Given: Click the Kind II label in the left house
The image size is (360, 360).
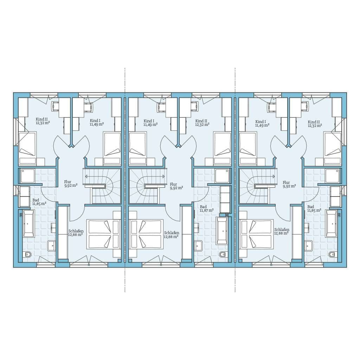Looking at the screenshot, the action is pyautogui.click(x=41, y=119).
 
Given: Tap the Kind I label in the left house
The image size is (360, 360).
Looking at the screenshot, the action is pyautogui.click(x=95, y=121).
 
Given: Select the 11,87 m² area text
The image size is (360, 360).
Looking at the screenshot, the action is pyautogui.click(x=207, y=210).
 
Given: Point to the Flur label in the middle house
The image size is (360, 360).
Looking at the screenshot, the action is pyautogui.click(x=173, y=184).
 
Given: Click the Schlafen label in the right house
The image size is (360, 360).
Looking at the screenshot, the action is pyautogui.click(x=282, y=230).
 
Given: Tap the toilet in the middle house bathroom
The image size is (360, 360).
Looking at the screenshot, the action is pyautogui.click(x=222, y=255).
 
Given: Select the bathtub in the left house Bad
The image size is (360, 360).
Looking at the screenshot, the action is pyautogui.click(x=28, y=223).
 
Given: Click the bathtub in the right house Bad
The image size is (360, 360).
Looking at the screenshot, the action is pyautogui.click(x=331, y=223).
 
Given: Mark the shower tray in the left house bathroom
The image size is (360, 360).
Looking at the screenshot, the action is pyautogui.click(x=27, y=176).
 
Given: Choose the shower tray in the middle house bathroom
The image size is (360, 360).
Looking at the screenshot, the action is pyautogui.click(x=222, y=176).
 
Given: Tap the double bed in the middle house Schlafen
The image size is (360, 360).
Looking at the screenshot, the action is pyautogui.click(x=146, y=234).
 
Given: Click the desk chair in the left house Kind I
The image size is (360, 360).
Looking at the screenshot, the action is pyautogui.click(x=88, y=106).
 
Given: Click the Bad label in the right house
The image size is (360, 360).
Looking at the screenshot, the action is pyautogui.click(x=311, y=207).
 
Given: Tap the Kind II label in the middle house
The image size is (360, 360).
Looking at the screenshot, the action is pyautogui.click(x=201, y=121).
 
